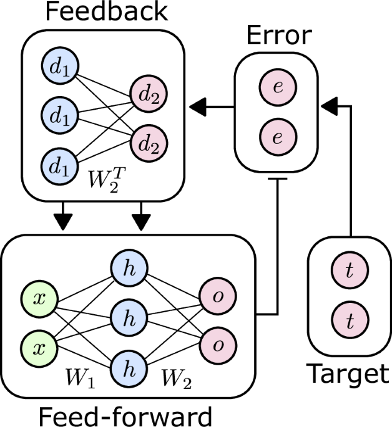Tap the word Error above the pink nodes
tap(279, 35)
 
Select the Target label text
tap(348, 374)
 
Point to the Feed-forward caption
tap(127, 415)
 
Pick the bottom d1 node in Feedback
tap(61, 166)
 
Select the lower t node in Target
tap(350, 322)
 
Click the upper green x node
tap(39, 299)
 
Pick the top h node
tap(130, 269)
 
